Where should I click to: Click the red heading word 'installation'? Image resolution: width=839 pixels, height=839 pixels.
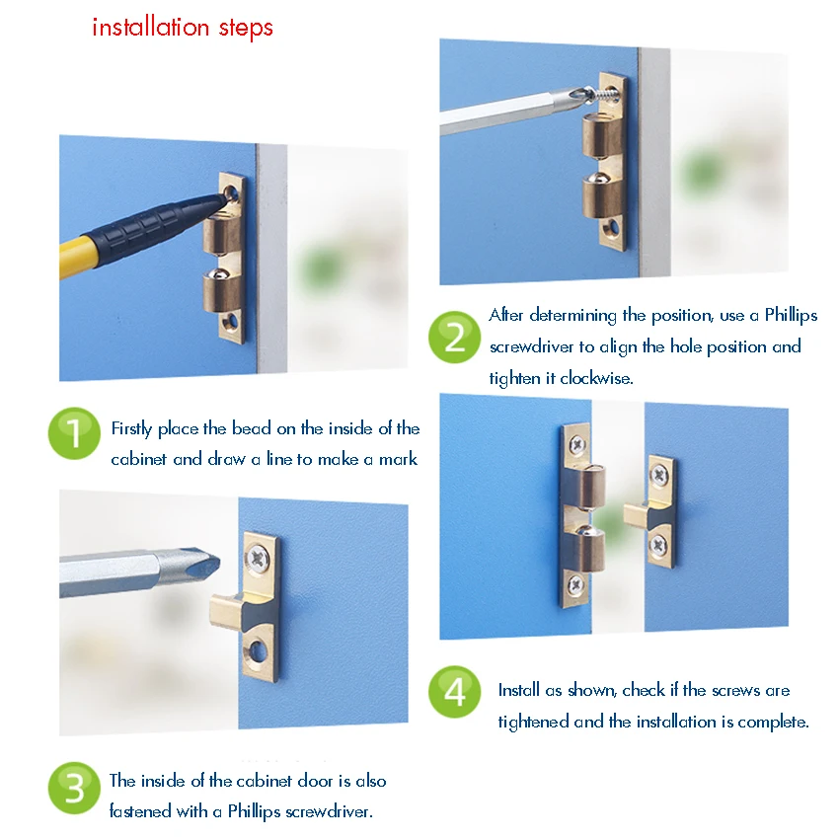(x=150, y=27)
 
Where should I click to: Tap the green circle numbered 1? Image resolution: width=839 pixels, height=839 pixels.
(x=74, y=433)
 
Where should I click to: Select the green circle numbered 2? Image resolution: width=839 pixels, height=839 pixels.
(x=455, y=338)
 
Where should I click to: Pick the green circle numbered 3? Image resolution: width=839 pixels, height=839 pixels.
(x=74, y=789)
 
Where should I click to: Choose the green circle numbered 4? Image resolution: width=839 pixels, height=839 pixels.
(x=455, y=691)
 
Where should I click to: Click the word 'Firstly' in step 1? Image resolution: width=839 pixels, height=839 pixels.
(x=131, y=429)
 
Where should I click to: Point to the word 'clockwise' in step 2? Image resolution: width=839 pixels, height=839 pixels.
(x=596, y=378)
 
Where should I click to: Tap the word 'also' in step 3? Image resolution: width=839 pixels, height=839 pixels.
(x=371, y=781)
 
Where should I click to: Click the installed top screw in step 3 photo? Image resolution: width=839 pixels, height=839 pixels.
(x=258, y=559)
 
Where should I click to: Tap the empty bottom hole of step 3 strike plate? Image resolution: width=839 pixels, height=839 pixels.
(x=259, y=650)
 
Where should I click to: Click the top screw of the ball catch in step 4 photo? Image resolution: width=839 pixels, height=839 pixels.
(x=577, y=444)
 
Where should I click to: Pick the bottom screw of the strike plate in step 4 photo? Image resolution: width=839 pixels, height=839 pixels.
(x=658, y=546)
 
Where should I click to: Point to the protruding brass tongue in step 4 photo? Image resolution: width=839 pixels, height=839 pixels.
(x=637, y=515)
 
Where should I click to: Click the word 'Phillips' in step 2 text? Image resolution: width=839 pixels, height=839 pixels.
(x=791, y=315)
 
